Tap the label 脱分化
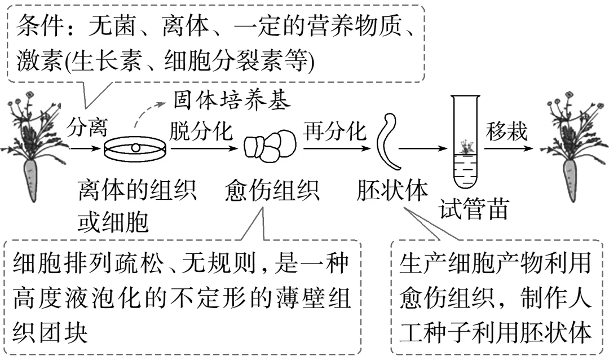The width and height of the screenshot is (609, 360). click(x=200, y=131)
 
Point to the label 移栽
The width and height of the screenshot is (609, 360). click(x=507, y=131)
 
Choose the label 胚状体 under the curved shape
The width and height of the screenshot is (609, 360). click(x=392, y=191)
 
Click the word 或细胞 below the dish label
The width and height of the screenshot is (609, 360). click(x=113, y=222)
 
